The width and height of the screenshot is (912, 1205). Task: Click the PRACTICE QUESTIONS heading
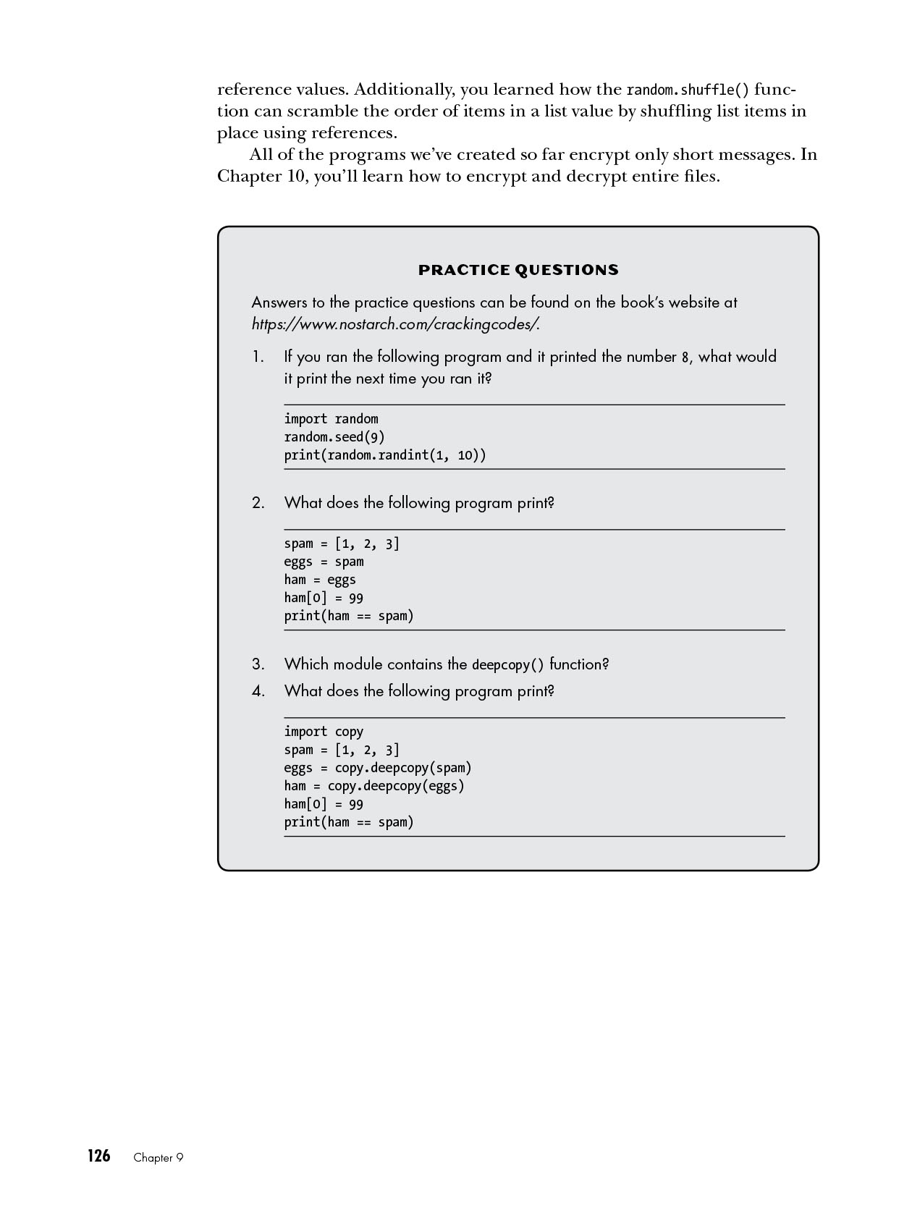coord(518,271)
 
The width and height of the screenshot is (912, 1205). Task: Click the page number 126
coord(98,1157)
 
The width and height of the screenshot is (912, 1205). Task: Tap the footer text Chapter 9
coord(159,1158)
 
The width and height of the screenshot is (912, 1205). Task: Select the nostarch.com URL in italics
coord(395,324)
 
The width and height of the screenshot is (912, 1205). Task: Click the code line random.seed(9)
coord(334,437)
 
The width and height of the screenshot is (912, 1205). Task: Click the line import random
coord(331,419)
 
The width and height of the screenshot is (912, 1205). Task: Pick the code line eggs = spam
coord(324,562)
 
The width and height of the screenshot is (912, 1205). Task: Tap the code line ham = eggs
coord(320,580)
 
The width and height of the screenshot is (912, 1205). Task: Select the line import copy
coord(324,732)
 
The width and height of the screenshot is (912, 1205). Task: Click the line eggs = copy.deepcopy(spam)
coord(378,768)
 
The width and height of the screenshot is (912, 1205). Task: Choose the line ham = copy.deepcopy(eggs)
coord(374,786)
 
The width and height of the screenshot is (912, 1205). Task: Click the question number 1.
coord(258,357)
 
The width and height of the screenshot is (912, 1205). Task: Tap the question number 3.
coord(258,664)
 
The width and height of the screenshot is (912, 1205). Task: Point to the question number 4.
coord(258,691)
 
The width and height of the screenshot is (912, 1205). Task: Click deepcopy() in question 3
coord(507,665)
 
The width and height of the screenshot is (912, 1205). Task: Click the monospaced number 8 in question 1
coord(685,358)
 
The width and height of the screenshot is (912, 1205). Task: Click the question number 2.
coord(258,503)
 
